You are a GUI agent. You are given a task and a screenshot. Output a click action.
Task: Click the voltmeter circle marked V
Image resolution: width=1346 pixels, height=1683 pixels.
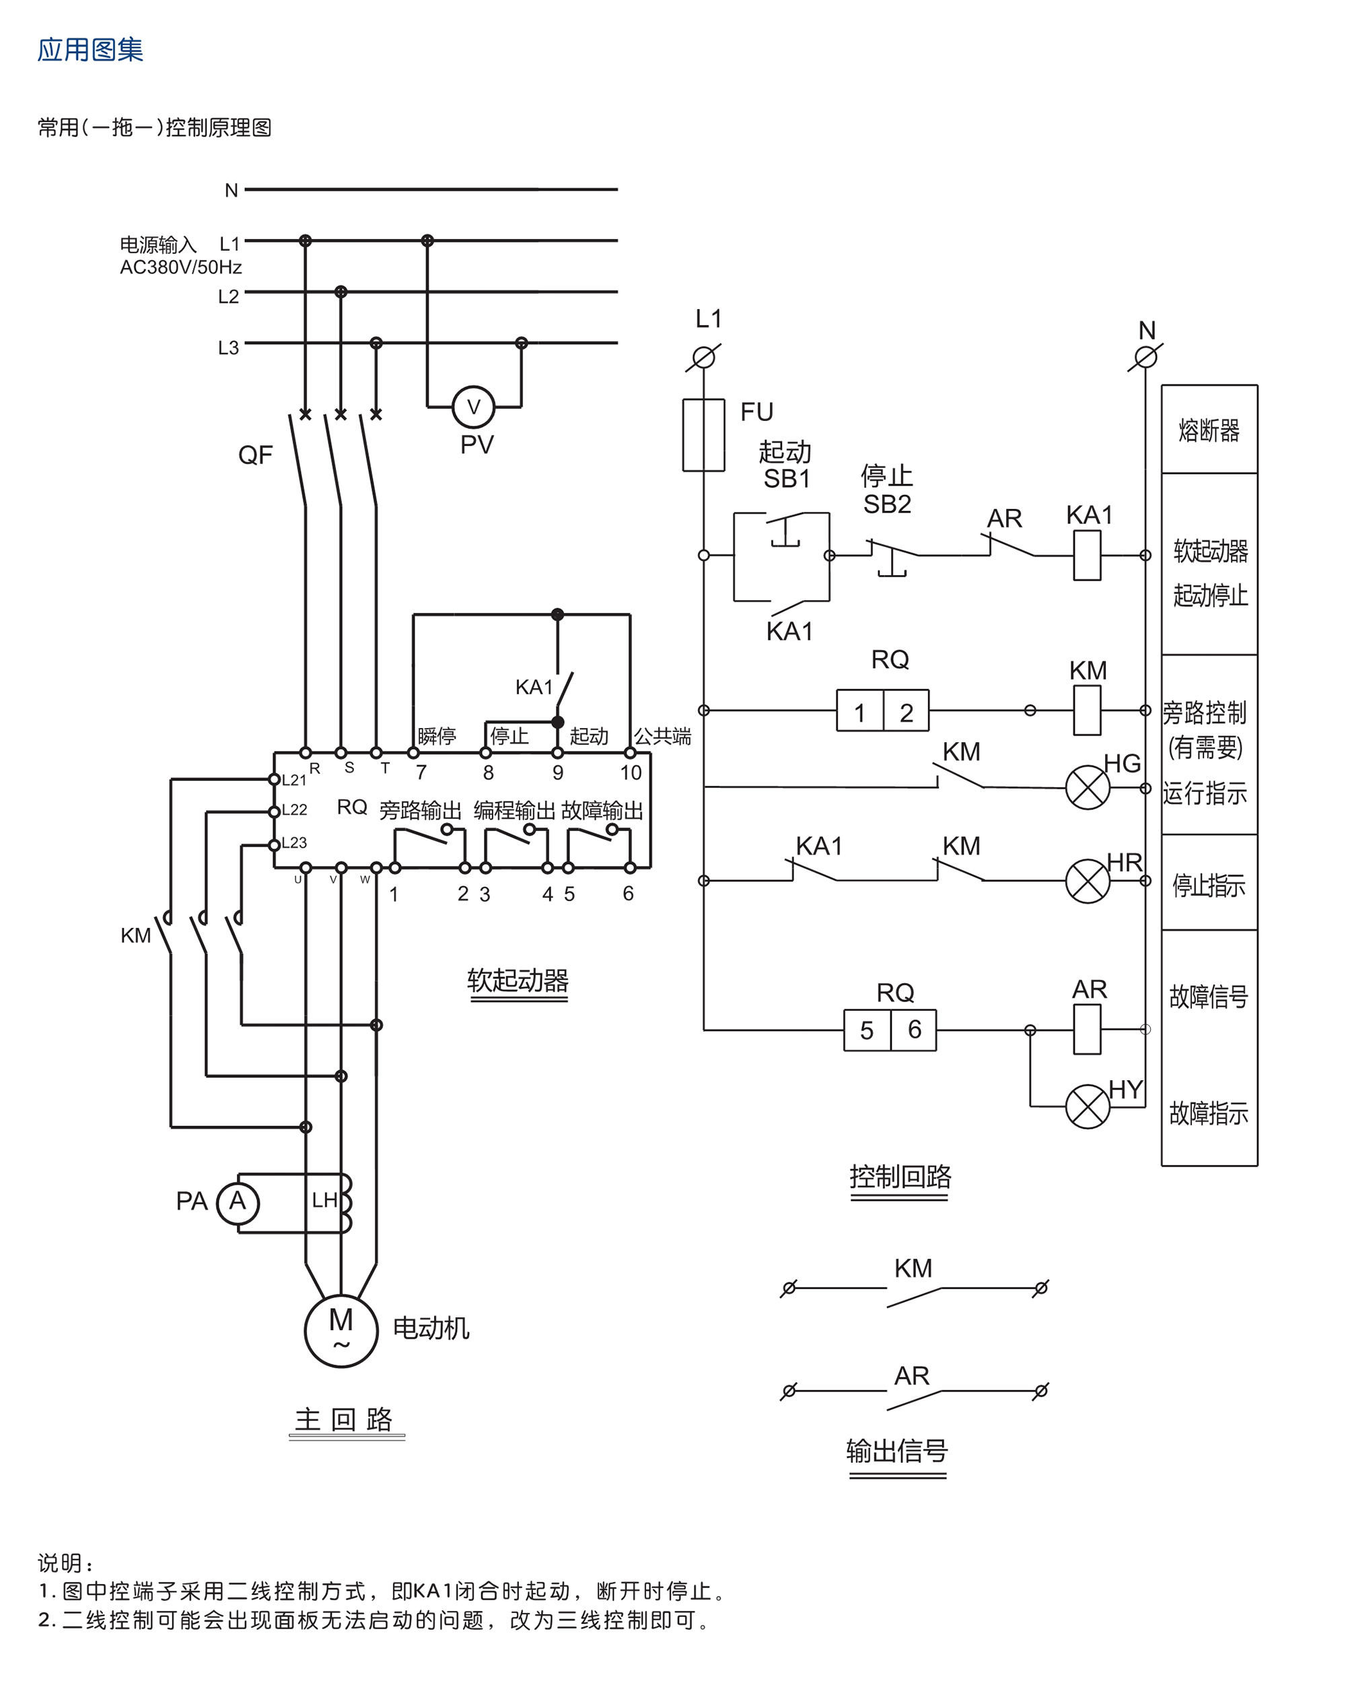tap(473, 407)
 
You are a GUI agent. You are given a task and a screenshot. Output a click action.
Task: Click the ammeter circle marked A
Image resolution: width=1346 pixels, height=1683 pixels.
tap(238, 1201)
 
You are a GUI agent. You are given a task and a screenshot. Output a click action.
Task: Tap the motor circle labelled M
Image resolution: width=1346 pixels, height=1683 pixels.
tap(341, 1329)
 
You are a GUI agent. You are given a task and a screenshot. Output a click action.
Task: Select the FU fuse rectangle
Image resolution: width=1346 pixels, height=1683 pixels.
tap(703, 435)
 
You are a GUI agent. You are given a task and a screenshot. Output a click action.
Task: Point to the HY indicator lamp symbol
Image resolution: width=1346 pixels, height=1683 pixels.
tap(1087, 1106)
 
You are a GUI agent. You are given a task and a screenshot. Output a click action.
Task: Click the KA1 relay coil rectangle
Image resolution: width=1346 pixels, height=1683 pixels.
tap(1087, 555)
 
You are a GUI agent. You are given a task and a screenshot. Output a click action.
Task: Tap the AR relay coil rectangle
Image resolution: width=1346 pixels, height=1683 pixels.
tap(1087, 1029)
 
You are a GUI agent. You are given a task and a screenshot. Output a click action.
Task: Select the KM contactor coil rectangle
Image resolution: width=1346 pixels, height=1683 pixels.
tap(1087, 710)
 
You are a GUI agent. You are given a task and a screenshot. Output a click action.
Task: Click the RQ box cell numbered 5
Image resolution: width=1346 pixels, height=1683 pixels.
tap(866, 1030)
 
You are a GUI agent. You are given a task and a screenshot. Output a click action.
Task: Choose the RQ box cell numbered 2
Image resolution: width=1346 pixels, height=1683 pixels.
tap(906, 711)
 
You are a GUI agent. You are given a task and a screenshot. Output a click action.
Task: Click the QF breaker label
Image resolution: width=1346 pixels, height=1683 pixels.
tap(255, 455)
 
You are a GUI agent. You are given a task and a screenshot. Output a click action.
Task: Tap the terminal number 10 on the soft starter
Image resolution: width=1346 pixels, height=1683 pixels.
tap(631, 773)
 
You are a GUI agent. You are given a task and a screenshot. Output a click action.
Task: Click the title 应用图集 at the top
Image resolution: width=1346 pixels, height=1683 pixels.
tap(90, 50)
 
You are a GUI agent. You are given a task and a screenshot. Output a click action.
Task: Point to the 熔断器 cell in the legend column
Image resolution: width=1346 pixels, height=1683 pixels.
tap(1209, 430)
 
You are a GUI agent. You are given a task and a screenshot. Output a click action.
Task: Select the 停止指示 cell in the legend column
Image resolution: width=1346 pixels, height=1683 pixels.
tap(1209, 884)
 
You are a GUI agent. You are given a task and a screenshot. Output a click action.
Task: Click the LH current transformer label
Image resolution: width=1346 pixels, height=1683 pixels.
tap(324, 1200)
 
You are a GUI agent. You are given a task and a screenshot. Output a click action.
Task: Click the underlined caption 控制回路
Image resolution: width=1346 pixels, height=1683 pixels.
tap(900, 1176)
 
